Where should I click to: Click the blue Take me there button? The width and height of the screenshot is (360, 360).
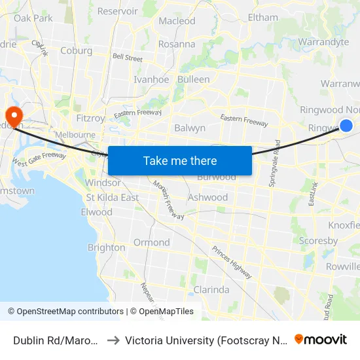[x=180, y=160]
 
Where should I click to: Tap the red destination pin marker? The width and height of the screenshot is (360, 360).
[x=13, y=116]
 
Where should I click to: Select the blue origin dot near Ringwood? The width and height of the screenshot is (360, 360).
[x=346, y=125]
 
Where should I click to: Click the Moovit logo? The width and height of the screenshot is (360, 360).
[x=321, y=339]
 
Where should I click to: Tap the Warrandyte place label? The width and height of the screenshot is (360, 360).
[x=323, y=42]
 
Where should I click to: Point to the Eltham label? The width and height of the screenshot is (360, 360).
[x=262, y=18]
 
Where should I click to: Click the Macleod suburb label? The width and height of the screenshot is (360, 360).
[x=177, y=21]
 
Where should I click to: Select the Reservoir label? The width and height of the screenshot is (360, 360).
[x=117, y=11]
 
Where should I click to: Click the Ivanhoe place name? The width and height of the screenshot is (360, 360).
[x=151, y=79]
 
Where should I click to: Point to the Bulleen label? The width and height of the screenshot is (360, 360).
[x=193, y=79]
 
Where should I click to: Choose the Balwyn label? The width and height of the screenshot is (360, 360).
[x=190, y=128]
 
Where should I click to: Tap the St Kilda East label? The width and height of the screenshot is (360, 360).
[x=113, y=198]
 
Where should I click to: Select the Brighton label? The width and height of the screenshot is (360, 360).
[x=106, y=247]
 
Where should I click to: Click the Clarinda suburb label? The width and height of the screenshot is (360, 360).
[x=211, y=289]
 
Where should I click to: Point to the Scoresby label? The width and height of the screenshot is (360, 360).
[x=318, y=241]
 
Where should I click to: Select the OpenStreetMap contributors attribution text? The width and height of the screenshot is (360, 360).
[x=65, y=312]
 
